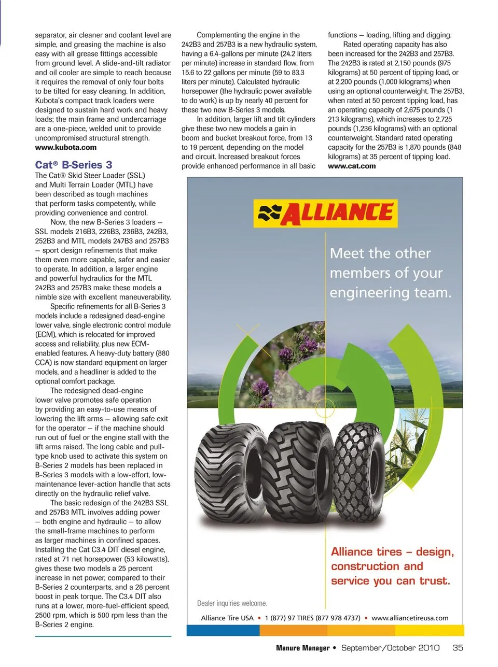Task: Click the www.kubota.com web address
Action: [66, 148]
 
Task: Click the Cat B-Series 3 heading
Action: [74, 165]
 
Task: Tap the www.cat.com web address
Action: [352, 166]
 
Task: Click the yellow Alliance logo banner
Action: [325, 213]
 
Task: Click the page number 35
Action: [458, 648]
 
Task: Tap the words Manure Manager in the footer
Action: [302, 648]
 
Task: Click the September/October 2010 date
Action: [391, 648]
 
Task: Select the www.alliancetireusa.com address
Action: [410, 618]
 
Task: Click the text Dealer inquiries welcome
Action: [232, 603]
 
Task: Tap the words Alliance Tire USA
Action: [227, 618]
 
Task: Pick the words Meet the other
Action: [380, 253]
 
